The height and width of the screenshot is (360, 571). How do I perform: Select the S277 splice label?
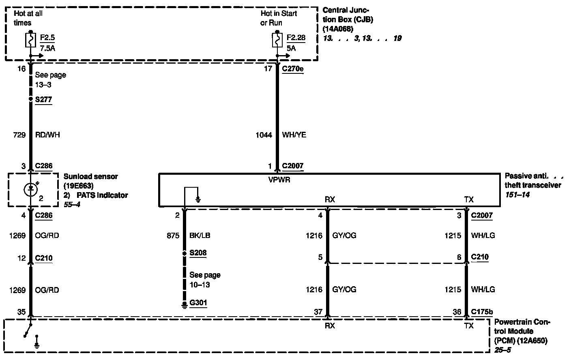[43, 99]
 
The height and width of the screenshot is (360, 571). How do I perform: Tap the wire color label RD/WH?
[47, 135]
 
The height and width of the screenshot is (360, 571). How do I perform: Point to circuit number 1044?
[264, 135]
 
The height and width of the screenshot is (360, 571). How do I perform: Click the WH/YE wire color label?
[294, 135]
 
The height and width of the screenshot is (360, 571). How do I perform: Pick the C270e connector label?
[293, 69]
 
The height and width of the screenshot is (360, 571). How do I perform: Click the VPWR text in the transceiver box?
[279, 180]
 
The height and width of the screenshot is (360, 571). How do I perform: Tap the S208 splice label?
[198, 253]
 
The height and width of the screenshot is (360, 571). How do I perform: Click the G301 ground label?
[198, 303]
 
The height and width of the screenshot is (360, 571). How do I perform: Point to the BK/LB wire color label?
[200, 236]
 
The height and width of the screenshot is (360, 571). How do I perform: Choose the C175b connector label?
[482, 312]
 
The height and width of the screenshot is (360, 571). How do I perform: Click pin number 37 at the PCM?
[318, 312]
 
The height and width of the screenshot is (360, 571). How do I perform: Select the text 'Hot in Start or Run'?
[279, 18]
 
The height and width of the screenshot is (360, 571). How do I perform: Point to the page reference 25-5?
[503, 349]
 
